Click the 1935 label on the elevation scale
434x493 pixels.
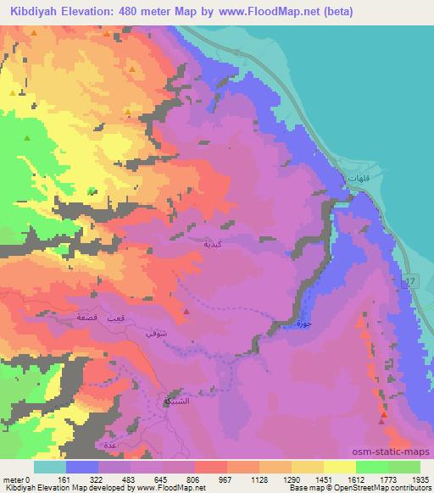click(420, 479)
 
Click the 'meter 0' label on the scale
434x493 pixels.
click(17, 479)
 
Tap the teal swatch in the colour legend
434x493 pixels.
click(50, 467)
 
